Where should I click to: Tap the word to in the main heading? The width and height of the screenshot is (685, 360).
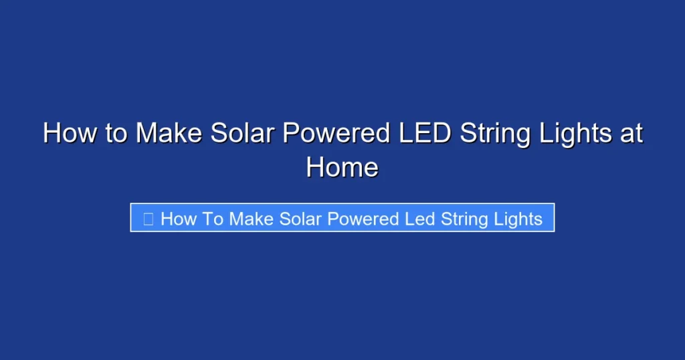[x=115, y=133]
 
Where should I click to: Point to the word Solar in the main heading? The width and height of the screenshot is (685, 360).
[x=242, y=133]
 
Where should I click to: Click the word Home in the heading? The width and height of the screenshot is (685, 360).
[x=342, y=167]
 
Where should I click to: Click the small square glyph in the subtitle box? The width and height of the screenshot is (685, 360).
[x=149, y=219]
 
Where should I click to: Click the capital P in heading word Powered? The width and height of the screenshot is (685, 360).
[x=292, y=133]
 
